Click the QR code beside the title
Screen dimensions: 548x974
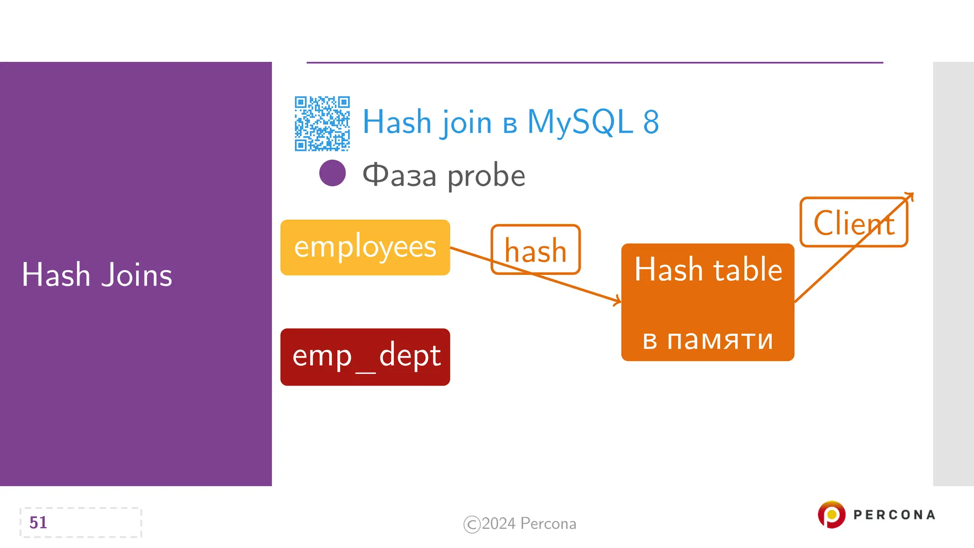[x=322, y=124]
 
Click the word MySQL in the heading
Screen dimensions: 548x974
[x=580, y=122]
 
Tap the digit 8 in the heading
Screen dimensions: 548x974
[x=651, y=122]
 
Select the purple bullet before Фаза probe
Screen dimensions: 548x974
[x=332, y=173]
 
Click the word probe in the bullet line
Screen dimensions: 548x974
[x=486, y=176]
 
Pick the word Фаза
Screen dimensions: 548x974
[x=399, y=175]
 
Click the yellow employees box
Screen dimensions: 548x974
[x=365, y=247]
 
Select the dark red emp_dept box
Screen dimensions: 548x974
[x=365, y=357]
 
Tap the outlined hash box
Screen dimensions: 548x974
[x=536, y=250]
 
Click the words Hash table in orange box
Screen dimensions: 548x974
[x=708, y=270]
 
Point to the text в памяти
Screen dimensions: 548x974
[x=708, y=340]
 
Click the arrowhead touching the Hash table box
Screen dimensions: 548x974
[x=617, y=300]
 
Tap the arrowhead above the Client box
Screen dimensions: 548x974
[x=909, y=196]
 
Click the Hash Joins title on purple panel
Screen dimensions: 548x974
[x=97, y=275]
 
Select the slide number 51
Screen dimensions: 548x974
[x=38, y=522]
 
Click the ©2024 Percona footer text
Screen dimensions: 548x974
[x=520, y=524]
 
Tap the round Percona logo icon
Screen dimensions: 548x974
[x=831, y=514]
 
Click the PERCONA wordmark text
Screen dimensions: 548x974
[x=894, y=515]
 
